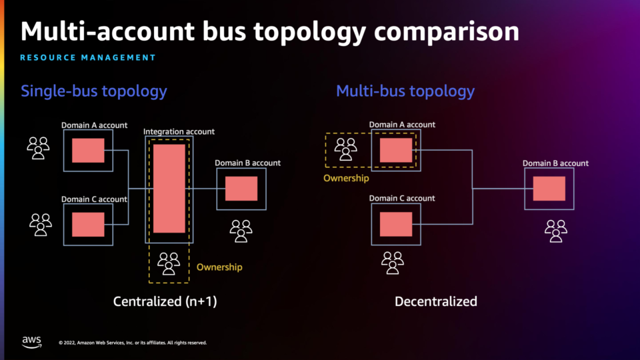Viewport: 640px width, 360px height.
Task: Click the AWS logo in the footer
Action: [x=32, y=342]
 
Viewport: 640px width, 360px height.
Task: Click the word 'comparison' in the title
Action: [x=447, y=33]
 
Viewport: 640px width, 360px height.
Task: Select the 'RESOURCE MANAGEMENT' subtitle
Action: [x=88, y=57]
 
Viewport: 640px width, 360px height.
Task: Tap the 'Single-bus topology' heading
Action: [x=94, y=91]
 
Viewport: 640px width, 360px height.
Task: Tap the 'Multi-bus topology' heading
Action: [x=405, y=91]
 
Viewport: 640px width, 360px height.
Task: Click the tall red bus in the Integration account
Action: [x=169, y=189]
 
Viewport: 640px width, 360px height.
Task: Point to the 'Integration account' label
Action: [x=179, y=131]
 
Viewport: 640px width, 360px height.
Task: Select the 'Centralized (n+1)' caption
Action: [x=165, y=301]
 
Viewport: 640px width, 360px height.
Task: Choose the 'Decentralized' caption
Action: [x=436, y=301]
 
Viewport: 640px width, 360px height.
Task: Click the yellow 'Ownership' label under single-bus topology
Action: [x=219, y=267]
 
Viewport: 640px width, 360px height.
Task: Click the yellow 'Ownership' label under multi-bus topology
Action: [x=346, y=178]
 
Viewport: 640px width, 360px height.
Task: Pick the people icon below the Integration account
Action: [x=169, y=263]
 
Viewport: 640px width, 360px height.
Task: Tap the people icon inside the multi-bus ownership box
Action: [x=346, y=149]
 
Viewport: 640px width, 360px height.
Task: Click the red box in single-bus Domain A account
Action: [x=88, y=151]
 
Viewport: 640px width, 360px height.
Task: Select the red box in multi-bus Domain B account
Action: [x=549, y=189]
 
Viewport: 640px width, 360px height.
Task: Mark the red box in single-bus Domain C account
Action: [x=88, y=225]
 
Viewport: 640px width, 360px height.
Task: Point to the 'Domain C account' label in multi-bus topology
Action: [x=402, y=199]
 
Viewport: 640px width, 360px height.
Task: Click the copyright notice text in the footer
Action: [x=133, y=343]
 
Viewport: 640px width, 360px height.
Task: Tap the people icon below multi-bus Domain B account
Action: [x=556, y=231]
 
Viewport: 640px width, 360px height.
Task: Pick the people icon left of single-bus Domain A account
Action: [x=39, y=148]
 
